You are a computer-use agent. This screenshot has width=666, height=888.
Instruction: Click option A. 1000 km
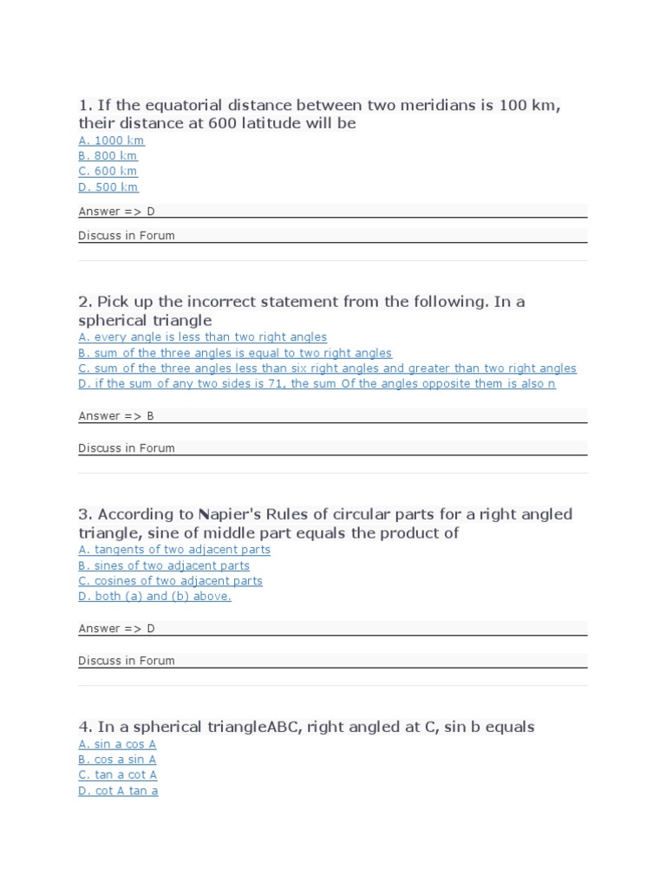point(111,140)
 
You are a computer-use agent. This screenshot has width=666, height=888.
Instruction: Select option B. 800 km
point(108,156)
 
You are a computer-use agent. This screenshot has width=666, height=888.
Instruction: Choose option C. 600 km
point(108,172)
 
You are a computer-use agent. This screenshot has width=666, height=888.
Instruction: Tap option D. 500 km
point(108,187)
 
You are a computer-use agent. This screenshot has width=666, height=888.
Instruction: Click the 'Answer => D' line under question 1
point(116,212)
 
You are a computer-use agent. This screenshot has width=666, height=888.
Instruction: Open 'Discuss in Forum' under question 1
point(127,236)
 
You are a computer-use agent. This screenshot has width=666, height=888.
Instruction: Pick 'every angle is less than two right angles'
point(202,337)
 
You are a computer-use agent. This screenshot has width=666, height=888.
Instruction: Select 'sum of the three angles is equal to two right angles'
point(235,353)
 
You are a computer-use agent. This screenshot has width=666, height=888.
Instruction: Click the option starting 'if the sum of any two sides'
point(317,384)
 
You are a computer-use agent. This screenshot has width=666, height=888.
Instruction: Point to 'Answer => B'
point(115,416)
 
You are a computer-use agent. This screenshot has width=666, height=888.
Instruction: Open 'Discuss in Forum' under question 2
point(127,448)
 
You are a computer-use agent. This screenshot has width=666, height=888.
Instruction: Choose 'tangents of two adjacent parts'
point(174,550)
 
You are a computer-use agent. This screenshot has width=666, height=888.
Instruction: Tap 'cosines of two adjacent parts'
point(170,581)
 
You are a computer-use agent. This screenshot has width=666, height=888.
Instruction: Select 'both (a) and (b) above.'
point(154,597)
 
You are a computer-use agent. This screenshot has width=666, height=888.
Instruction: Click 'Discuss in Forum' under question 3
point(127,661)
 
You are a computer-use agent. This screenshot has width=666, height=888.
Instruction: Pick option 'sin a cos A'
point(117,744)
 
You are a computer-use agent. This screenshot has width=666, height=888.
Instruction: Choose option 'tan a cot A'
point(118,775)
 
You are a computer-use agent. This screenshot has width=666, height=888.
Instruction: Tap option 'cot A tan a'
point(118,791)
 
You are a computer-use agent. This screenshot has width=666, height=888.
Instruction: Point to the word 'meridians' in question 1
point(438,106)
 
